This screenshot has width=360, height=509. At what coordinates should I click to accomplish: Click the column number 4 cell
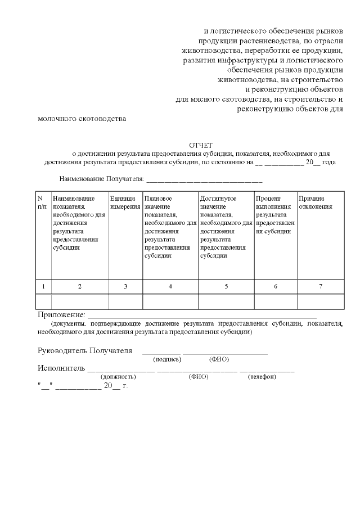click(x=170, y=286)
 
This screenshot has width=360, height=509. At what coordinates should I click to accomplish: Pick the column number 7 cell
click(x=321, y=286)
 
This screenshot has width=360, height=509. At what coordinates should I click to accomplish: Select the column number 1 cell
click(x=43, y=286)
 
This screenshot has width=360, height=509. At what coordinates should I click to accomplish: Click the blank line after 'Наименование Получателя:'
click(x=204, y=180)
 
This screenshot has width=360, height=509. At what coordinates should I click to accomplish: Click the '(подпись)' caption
click(x=167, y=359)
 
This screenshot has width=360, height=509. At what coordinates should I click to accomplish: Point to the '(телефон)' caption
click(x=262, y=376)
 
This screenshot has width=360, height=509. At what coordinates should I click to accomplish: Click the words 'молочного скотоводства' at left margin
click(x=82, y=119)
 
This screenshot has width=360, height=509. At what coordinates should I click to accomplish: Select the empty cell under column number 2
click(x=79, y=301)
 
